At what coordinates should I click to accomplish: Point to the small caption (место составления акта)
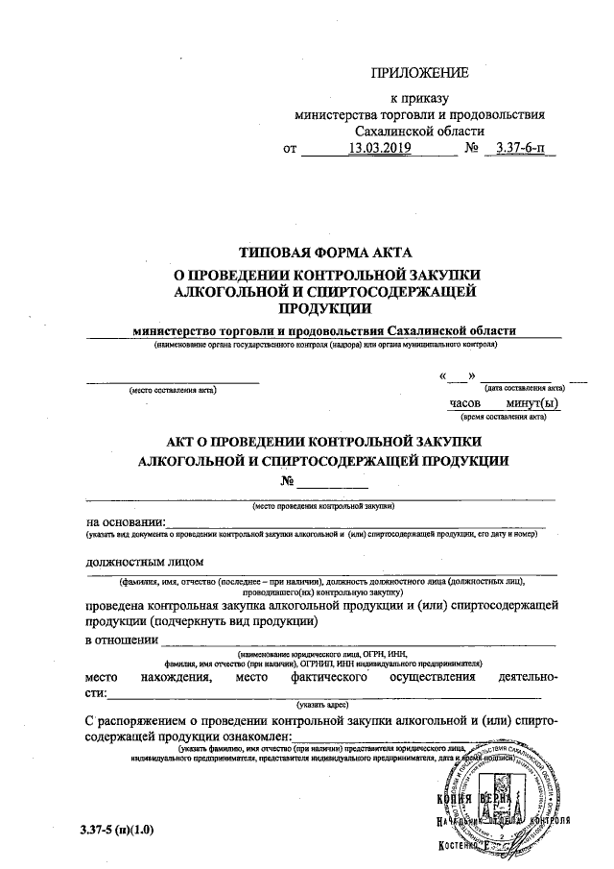[x=174, y=390]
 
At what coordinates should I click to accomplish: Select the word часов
[x=465, y=403]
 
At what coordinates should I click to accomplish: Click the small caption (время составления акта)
[x=504, y=418]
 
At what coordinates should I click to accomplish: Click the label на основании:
[x=126, y=521]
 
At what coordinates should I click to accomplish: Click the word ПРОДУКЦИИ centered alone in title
[x=324, y=307]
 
